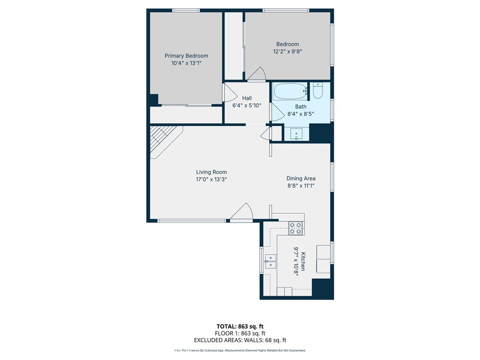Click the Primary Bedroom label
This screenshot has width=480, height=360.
point(186,56)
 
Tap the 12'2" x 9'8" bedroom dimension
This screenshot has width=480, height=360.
point(287,52)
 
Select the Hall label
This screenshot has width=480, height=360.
point(247,98)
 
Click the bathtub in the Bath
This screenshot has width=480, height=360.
point(290,91)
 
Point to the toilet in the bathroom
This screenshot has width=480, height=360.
point(318,90)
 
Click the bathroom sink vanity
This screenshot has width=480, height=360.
point(296,134)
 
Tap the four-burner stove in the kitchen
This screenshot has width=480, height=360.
point(296,228)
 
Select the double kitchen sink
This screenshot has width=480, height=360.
point(270,262)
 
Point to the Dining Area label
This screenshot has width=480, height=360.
point(300,178)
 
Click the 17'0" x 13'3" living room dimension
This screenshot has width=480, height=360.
point(211,180)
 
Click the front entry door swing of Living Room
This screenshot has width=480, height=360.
point(242,212)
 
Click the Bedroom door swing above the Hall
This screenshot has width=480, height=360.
point(256,75)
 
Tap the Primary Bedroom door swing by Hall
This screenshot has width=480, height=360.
point(230,92)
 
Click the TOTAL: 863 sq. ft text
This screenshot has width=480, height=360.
point(240,326)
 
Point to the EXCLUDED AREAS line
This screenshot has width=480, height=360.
point(240,340)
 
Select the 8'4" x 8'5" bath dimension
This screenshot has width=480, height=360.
point(300,114)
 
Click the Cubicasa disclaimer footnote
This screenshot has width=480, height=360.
point(240,351)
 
